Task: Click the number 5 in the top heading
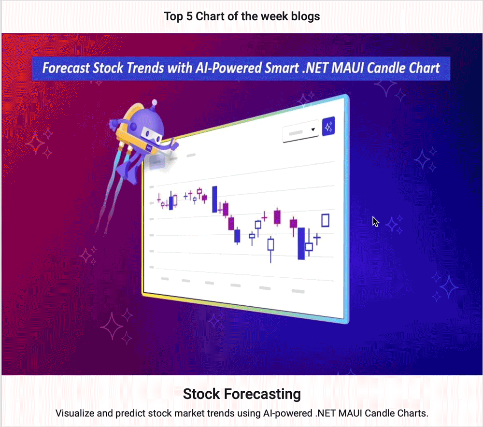189,16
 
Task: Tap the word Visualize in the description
75,413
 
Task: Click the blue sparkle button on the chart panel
328,127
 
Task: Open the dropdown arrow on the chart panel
313,129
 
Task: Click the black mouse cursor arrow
375,222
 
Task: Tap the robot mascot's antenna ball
155,102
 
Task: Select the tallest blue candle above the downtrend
215,199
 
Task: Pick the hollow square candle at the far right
325,220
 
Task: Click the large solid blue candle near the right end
301,243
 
